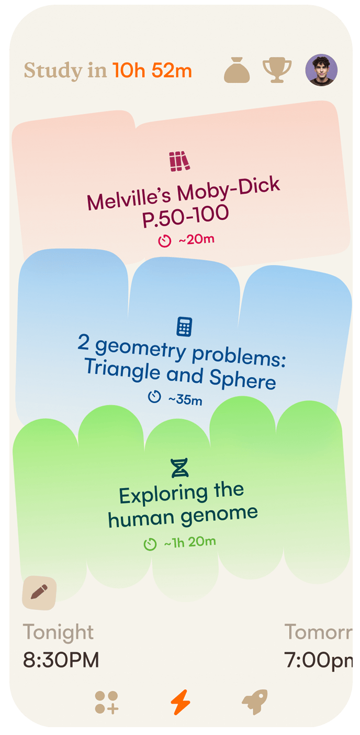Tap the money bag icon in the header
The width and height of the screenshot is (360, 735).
tap(237, 70)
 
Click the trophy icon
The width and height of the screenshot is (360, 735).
tap(277, 70)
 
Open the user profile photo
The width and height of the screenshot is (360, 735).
tap(321, 70)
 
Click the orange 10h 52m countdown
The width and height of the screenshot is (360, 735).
tap(152, 70)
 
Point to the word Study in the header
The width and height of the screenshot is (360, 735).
tap(53, 71)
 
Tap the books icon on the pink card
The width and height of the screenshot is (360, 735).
tap(179, 161)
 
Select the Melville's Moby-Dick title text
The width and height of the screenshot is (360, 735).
tap(183, 193)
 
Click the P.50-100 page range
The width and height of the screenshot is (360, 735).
tap(185, 216)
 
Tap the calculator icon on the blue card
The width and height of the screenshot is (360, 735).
tap(184, 327)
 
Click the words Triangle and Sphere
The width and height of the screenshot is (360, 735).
tap(180, 374)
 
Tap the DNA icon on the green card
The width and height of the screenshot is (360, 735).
tap(180, 467)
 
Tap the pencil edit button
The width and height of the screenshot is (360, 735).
tap(39, 593)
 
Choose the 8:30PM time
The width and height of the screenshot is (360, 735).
tap(61, 660)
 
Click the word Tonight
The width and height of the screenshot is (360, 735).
tap(59, 632)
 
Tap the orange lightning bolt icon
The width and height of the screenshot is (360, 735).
tap(181, 702)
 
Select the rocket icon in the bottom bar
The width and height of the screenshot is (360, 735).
tap(255, 702)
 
